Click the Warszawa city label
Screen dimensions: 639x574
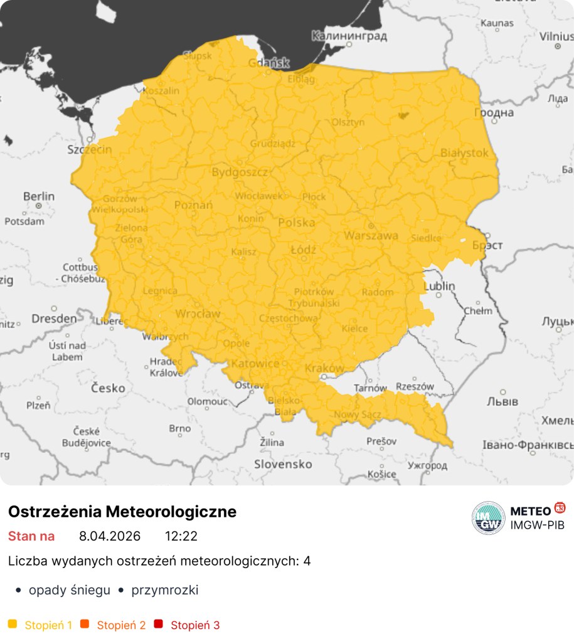point(371,236)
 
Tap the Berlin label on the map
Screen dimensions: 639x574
point(39,196)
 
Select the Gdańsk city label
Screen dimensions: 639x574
point(268,63)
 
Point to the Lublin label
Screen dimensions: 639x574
point(440,286)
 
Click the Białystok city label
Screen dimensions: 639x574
point(464,152)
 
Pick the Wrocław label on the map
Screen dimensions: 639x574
point(198,313)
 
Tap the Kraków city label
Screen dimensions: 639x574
point(324,368)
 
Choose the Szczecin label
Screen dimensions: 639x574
point(90,150)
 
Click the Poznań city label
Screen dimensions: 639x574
point(193,204)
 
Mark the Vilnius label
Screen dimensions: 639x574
point(556,36)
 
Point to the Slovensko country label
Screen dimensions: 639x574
point(283,464)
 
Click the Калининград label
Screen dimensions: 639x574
point(349,36)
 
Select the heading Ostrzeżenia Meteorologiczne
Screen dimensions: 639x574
point(122,512)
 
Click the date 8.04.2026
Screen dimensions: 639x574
point(110,536)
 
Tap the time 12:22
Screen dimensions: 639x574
point(181,536)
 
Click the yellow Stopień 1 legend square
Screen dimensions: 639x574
point(13,624)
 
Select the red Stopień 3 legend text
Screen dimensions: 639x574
point(195,625)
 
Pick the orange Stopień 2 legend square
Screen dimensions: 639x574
point(85,624)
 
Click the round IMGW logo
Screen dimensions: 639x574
point(488,518)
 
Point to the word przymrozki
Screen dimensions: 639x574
point(165,590)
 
